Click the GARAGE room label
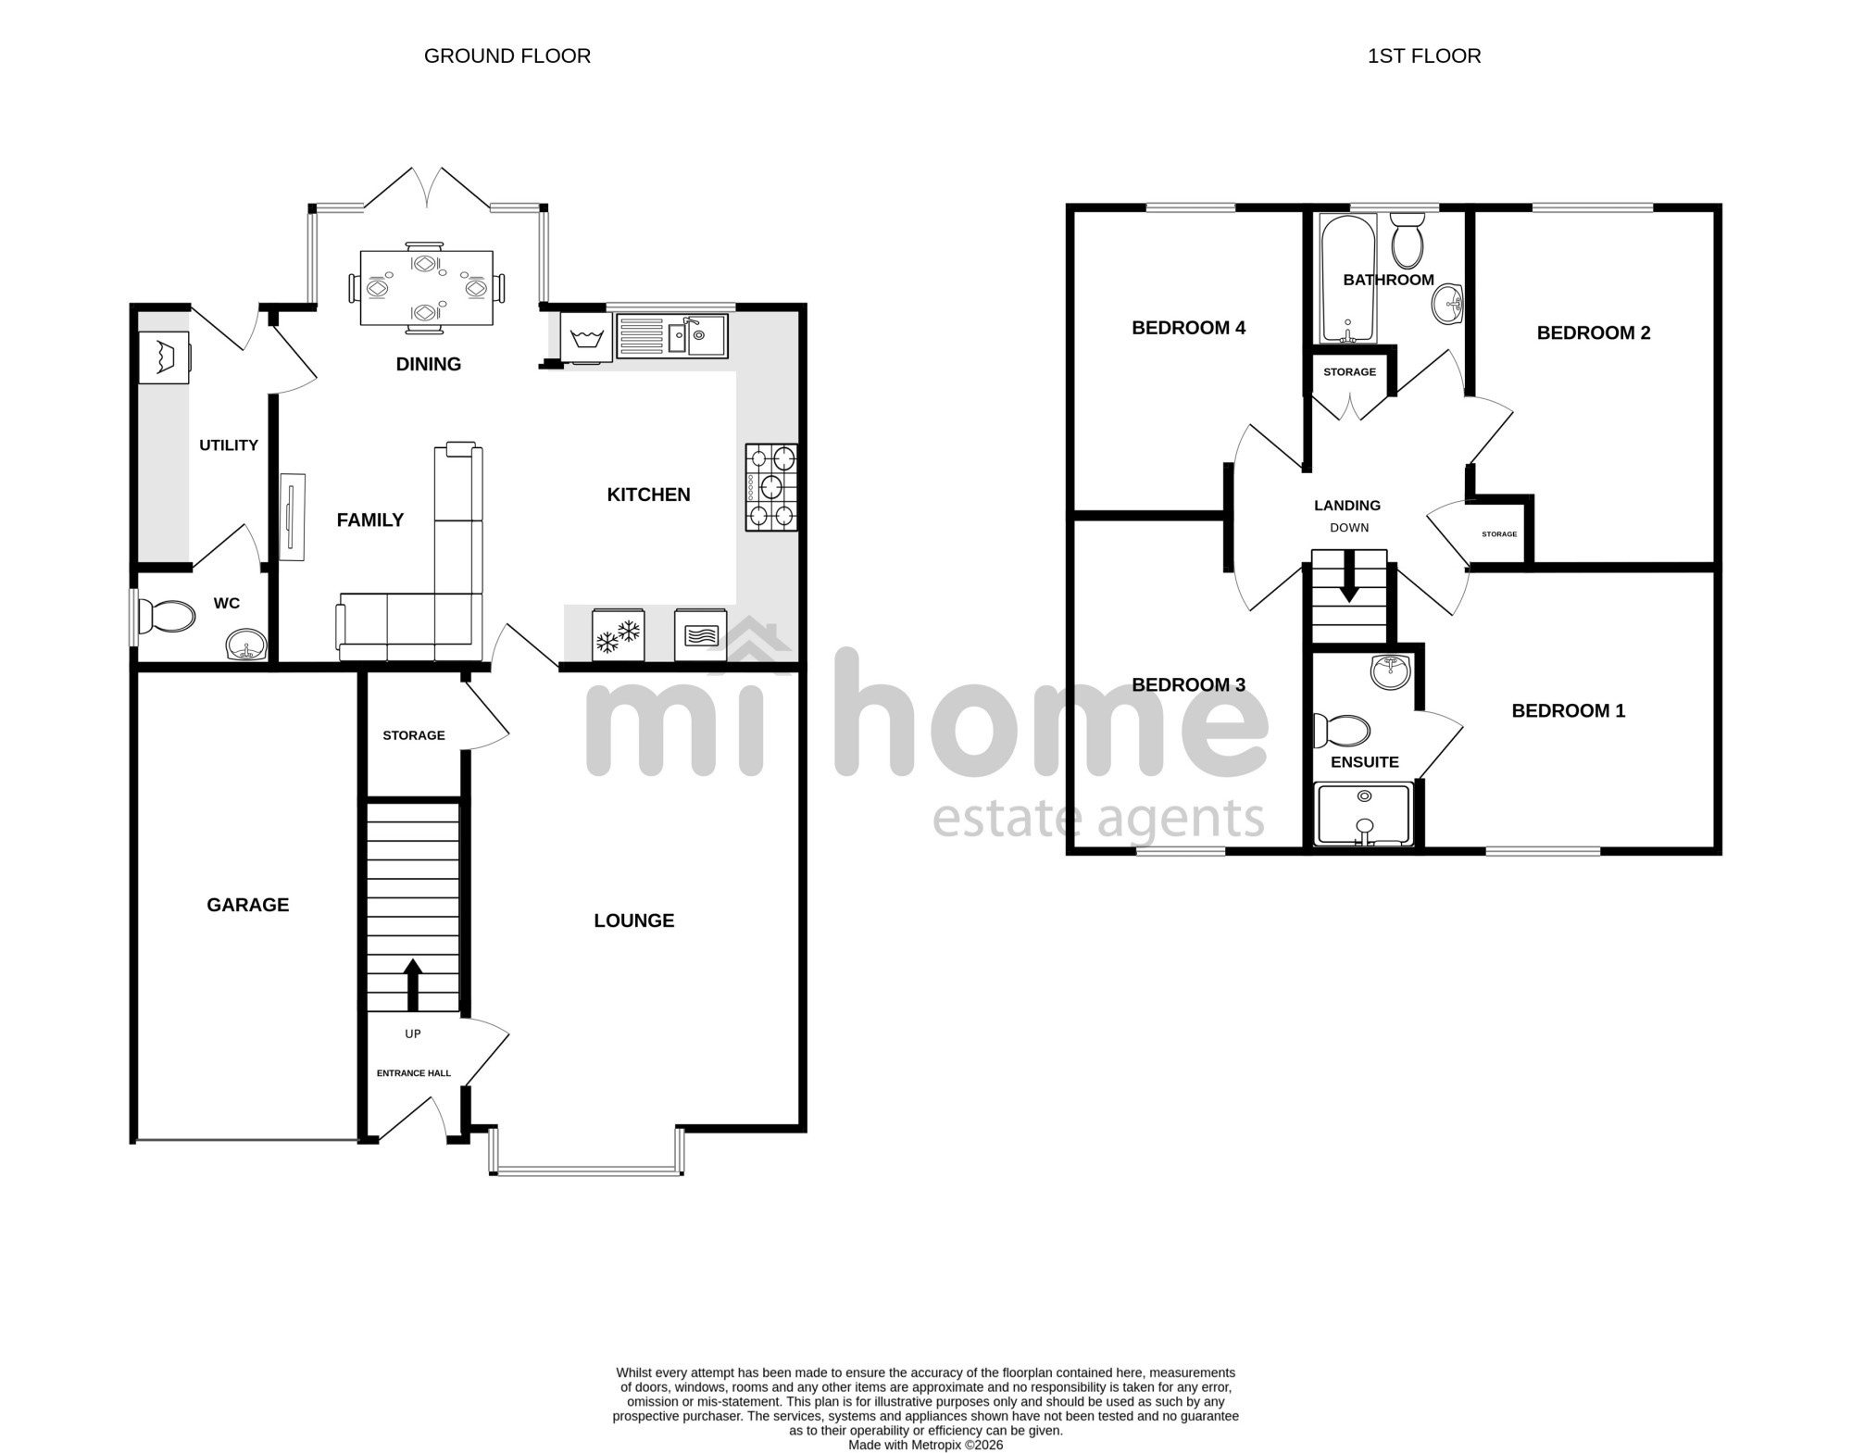coord(247,905)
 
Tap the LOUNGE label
coord(634,921)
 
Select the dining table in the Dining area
coord(426,288)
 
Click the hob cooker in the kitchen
coord(771,487)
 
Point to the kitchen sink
coord(672,335)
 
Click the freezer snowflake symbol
coord(619,635)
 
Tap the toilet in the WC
coord(167,616)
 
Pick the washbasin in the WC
coord(246,644)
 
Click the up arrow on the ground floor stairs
coord(413,984)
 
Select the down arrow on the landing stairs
coord(1349,576)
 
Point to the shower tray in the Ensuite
coord(1364,814)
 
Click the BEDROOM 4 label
coord(1188,328)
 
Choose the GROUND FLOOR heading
coord(507,56)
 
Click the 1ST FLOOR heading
coord(1424,56)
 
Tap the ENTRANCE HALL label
coord(414,1073)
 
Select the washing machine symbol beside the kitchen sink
coord(586,337)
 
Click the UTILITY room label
coord(229,445)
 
